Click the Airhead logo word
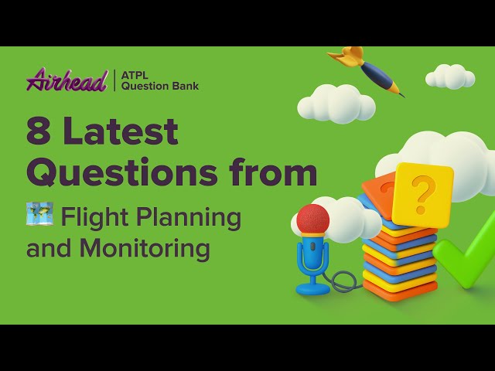66,80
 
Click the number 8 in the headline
38,133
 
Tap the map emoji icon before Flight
39,214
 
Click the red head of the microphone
312,220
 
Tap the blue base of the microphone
312,289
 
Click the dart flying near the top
369,71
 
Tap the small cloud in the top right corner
450,76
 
